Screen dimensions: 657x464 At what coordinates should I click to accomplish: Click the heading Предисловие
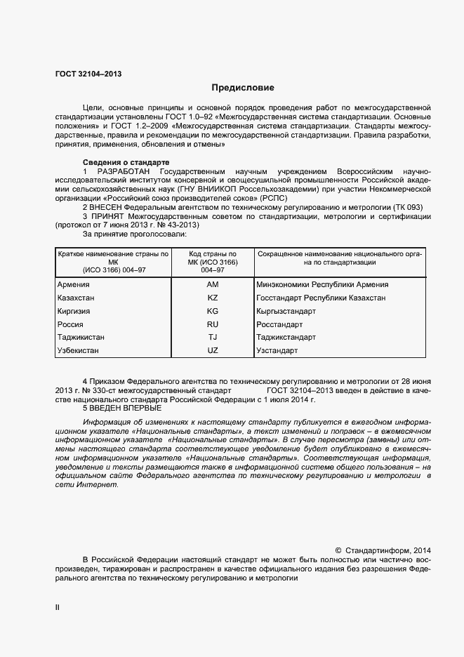[x=243, y=88]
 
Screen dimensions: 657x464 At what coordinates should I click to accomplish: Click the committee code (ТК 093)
[x=407, y=208]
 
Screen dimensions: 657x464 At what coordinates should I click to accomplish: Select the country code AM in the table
[x=213, y=285]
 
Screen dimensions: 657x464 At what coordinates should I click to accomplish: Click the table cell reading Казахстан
[x=78, y=298]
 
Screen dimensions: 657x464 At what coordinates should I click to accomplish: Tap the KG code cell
[x=213, y=311]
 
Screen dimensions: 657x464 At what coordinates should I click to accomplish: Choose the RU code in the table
[x=213, y=324]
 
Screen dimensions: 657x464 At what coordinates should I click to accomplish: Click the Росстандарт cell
[x=279, y=324]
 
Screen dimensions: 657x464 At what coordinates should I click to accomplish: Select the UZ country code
[x=213, y=350]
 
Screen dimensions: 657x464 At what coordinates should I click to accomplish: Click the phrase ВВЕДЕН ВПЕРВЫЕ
[x=126, y=408]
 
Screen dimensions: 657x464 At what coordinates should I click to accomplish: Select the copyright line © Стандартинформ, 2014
[x=383, y=551]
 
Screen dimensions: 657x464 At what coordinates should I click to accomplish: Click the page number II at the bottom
[x=58, y=608]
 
